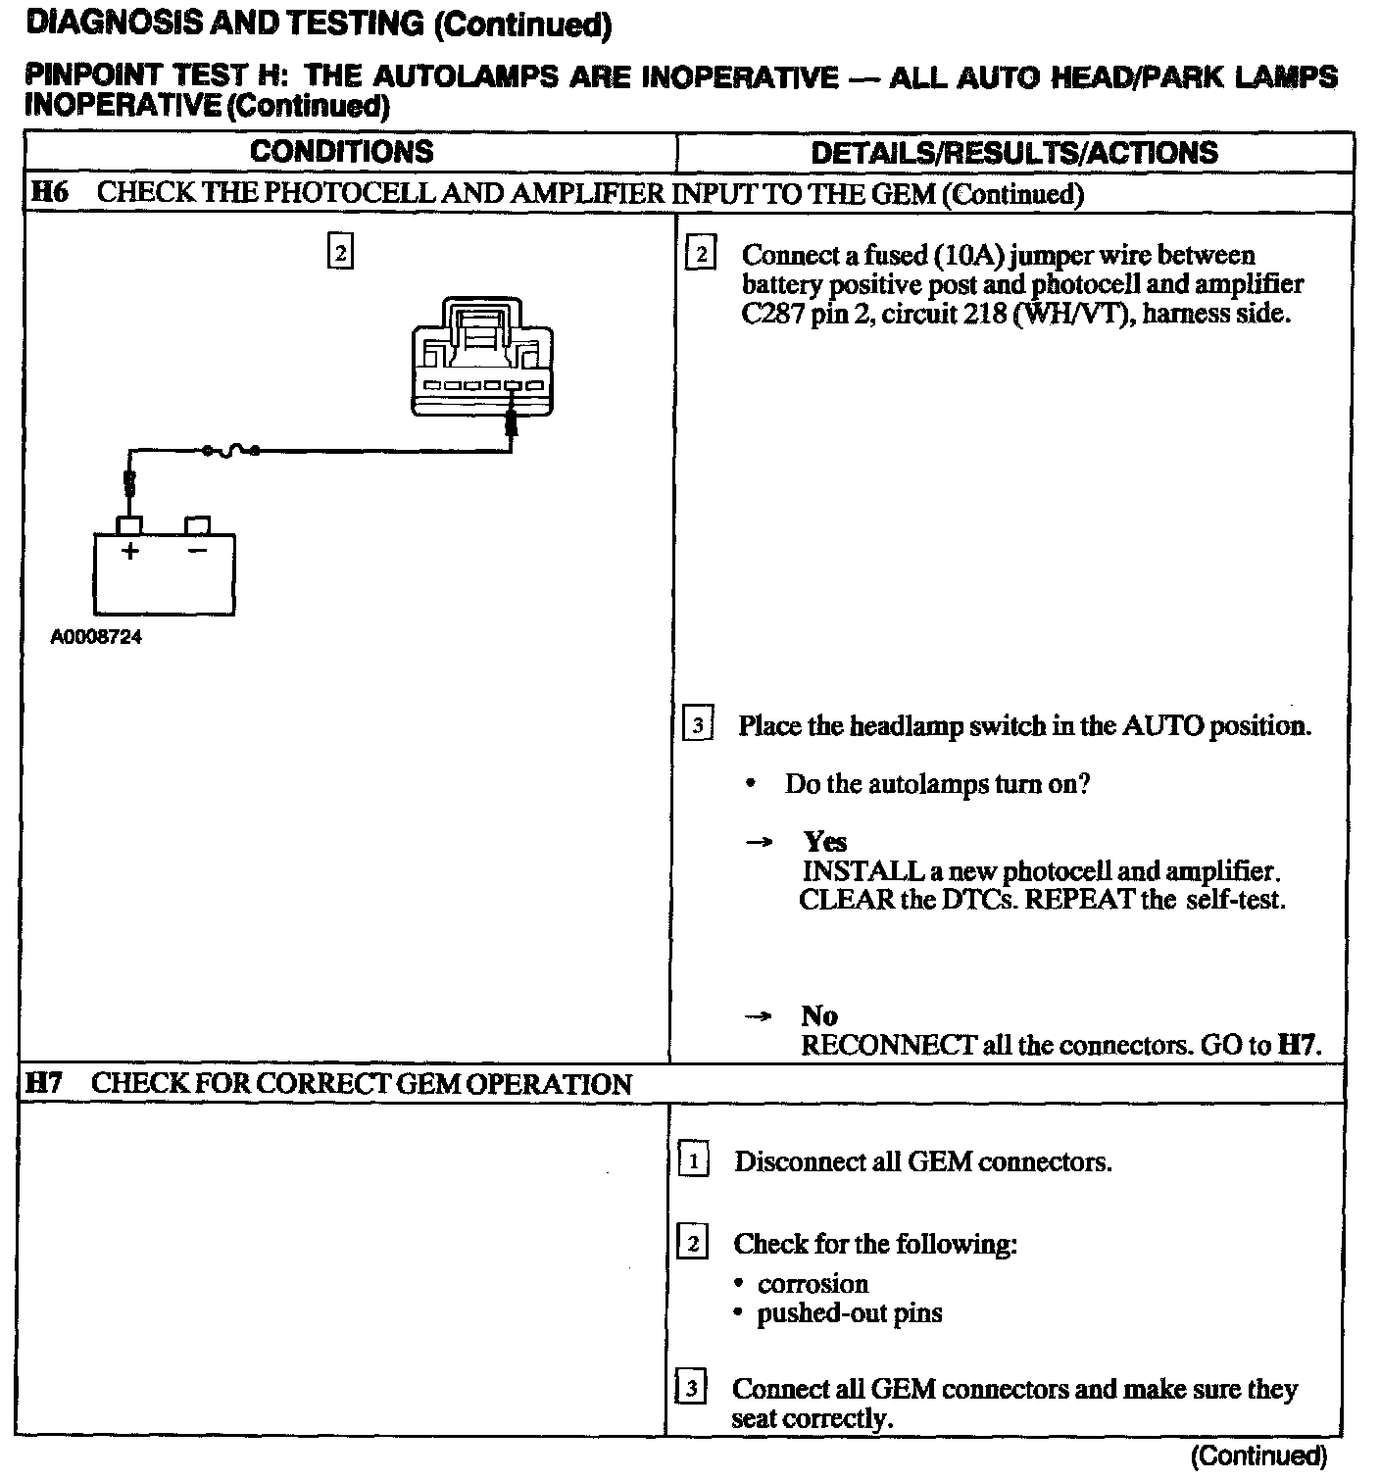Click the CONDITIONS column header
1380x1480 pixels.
pos(341,152)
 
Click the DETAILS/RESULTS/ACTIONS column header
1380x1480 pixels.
pos(1014,153)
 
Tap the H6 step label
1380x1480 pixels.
pos(49,192)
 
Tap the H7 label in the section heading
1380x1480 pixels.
pos(46,1083)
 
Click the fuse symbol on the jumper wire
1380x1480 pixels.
pos(230,450)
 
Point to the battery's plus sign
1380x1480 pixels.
pos(129,551)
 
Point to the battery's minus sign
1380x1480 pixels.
pos(197,551)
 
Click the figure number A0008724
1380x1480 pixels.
pos(96,637)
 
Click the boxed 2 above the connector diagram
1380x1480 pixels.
pos(339,253)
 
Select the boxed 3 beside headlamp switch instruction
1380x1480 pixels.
pos(697,726)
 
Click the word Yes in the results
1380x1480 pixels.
pos(825,842)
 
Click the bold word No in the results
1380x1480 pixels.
pos(819,1015)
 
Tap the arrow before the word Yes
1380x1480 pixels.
pos(760,842)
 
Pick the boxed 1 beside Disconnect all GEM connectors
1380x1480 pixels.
pos(693,1162)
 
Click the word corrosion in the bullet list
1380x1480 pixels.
pos(813,1284)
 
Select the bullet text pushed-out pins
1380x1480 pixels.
pos(849,1313)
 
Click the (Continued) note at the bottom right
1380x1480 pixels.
pos(1258,1456)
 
